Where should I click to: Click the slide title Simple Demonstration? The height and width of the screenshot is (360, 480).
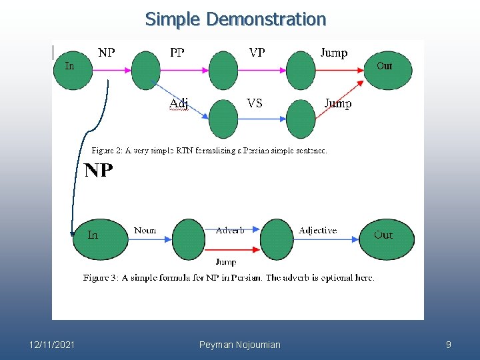(235, 19)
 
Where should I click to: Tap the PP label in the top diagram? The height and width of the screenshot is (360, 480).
(177, 53)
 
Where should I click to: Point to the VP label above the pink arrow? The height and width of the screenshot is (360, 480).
(257, 53)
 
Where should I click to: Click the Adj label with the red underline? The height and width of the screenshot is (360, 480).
(178, 103)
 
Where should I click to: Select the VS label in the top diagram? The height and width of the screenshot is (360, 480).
(254, 103)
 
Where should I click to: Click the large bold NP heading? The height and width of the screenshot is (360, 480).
(99, 171)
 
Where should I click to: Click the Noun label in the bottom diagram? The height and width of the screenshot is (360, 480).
(145, 231)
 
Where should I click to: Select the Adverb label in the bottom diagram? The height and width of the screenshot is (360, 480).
(230, 231)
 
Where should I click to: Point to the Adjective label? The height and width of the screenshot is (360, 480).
(317, 231)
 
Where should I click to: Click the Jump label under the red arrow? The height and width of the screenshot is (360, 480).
(226, 262)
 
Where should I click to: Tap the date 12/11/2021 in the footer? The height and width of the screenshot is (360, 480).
(52, 345)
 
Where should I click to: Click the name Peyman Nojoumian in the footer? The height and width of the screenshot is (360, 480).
(240, 345)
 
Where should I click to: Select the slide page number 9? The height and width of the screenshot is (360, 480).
(448, 345)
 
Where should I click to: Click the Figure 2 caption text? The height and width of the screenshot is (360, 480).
(209, 151)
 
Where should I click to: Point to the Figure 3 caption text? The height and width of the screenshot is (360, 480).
(229, 277)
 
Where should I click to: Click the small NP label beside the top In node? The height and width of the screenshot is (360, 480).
(106, 53)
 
